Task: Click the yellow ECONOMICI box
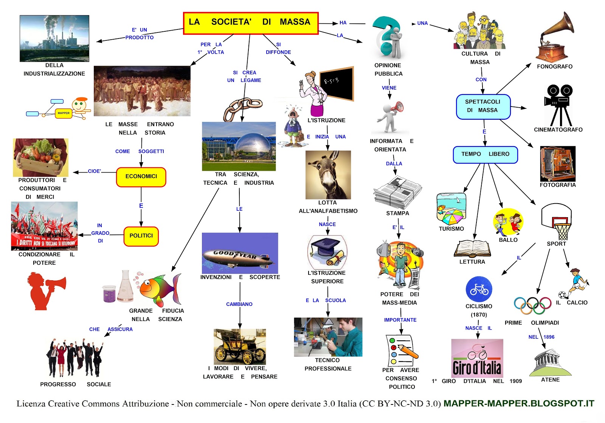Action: pos(141,177)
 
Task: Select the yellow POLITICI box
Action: pos(141,236)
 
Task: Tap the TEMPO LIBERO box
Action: pos(485,154)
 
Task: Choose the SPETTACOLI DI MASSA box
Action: pos(483,107)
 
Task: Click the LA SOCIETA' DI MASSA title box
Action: pos(251,23)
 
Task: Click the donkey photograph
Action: pos(328,174)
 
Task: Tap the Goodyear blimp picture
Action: pos(240,253)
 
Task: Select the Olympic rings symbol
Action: pos(532,306)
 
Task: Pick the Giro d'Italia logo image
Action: pos(477,358)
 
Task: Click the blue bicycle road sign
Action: pos(479,289)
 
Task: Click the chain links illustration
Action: pos(242,108)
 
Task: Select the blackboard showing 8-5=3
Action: pos(337,83)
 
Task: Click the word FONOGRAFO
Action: pos(554,66)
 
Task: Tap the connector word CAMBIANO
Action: pos(239,304)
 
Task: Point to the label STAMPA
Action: pos(397,213)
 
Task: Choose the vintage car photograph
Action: pos(240,347)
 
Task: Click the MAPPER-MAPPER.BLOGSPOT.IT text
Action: pos(519,403)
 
